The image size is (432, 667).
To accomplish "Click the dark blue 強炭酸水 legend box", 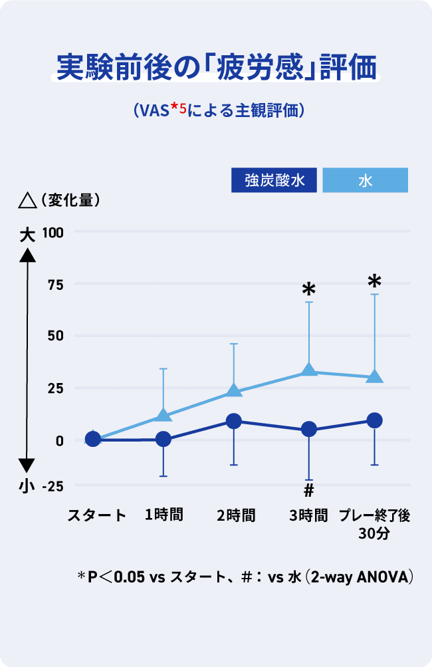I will (274, 180).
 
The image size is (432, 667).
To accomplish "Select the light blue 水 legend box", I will (365, 180).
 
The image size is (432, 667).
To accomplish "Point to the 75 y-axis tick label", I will (55, 284).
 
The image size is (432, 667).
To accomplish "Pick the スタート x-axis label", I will (96, 515).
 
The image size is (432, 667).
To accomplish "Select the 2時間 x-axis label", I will (236, 515).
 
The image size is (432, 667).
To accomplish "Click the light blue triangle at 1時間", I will (163, 416).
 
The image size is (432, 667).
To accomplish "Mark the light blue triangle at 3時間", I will (308, 370).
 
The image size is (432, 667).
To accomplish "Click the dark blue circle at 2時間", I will (234, 421).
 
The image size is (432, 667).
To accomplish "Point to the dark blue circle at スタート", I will (93, 439).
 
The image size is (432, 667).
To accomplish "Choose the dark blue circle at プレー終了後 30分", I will (374, 420).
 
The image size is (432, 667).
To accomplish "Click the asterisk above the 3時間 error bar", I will (308, 289).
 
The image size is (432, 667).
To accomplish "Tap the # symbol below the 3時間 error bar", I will (308, 491).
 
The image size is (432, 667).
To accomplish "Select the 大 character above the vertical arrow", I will (27, 234).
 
